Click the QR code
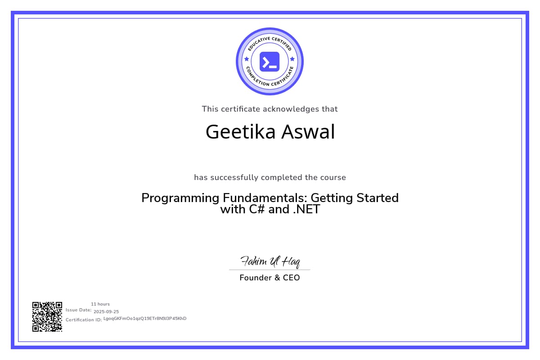[x=47, y=317]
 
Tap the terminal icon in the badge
[x=270, y=62]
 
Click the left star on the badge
[x=246, y=59]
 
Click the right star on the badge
[x=292, y=59]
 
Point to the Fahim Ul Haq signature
[x=270, y=261]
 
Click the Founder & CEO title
[x=270, y=278]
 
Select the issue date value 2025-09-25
[x=106, y=311]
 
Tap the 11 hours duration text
[x=100, y=304]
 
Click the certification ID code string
[x=145, y=319]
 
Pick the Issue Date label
[x=79, y=310]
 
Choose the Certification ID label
[x=84, y=319]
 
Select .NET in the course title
[x=306, y=209]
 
